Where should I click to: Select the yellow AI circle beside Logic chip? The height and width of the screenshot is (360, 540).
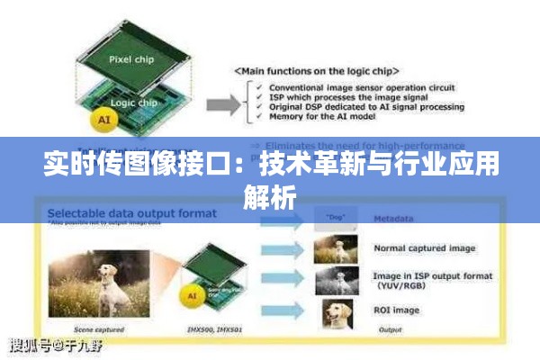click(x=105, y=118)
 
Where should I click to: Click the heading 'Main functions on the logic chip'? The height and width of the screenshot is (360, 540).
click(x=318, y=70)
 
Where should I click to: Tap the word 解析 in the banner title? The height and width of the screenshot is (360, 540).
click(x=269, y=197)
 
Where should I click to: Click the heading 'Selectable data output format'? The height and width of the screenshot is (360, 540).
click(x=131, y=213)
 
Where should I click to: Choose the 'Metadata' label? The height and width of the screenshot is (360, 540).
click(x=394, y=219)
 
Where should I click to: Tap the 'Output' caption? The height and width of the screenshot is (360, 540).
click(x=388, y=330)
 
